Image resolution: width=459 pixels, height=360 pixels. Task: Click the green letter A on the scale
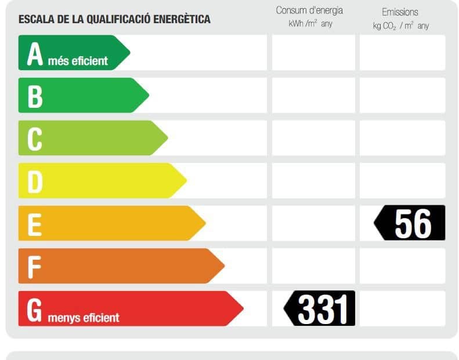(x=35, y=54)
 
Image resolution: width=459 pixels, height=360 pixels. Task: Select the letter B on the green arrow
(x=35, y=96)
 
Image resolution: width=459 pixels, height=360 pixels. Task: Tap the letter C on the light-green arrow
(x=35, y=139)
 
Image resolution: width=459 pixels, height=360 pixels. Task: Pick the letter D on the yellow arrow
(x=35, y=181)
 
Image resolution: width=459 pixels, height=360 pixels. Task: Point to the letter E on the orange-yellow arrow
(x=34, y=224)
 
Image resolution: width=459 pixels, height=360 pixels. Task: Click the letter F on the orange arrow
(x=34, y=267)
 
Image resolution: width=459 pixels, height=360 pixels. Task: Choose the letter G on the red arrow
(x=35, y=310)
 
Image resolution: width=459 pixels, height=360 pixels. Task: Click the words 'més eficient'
(x=78, y=61)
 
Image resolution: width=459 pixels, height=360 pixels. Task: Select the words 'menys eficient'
(x=84, y=318)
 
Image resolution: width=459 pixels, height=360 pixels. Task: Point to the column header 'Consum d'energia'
(x=309, y=10)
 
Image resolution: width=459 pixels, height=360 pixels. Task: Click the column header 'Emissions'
(x=400, y=12)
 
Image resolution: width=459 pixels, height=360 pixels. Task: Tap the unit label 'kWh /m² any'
(x=310, y=24)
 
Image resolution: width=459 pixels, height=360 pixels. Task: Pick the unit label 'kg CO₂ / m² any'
(x=401, y=26)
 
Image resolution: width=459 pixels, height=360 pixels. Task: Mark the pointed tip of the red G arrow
(x=243, y=308)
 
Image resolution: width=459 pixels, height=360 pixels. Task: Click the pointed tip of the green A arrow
(x=129, y=53)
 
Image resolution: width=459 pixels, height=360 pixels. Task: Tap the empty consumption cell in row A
(x=313, y=53)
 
